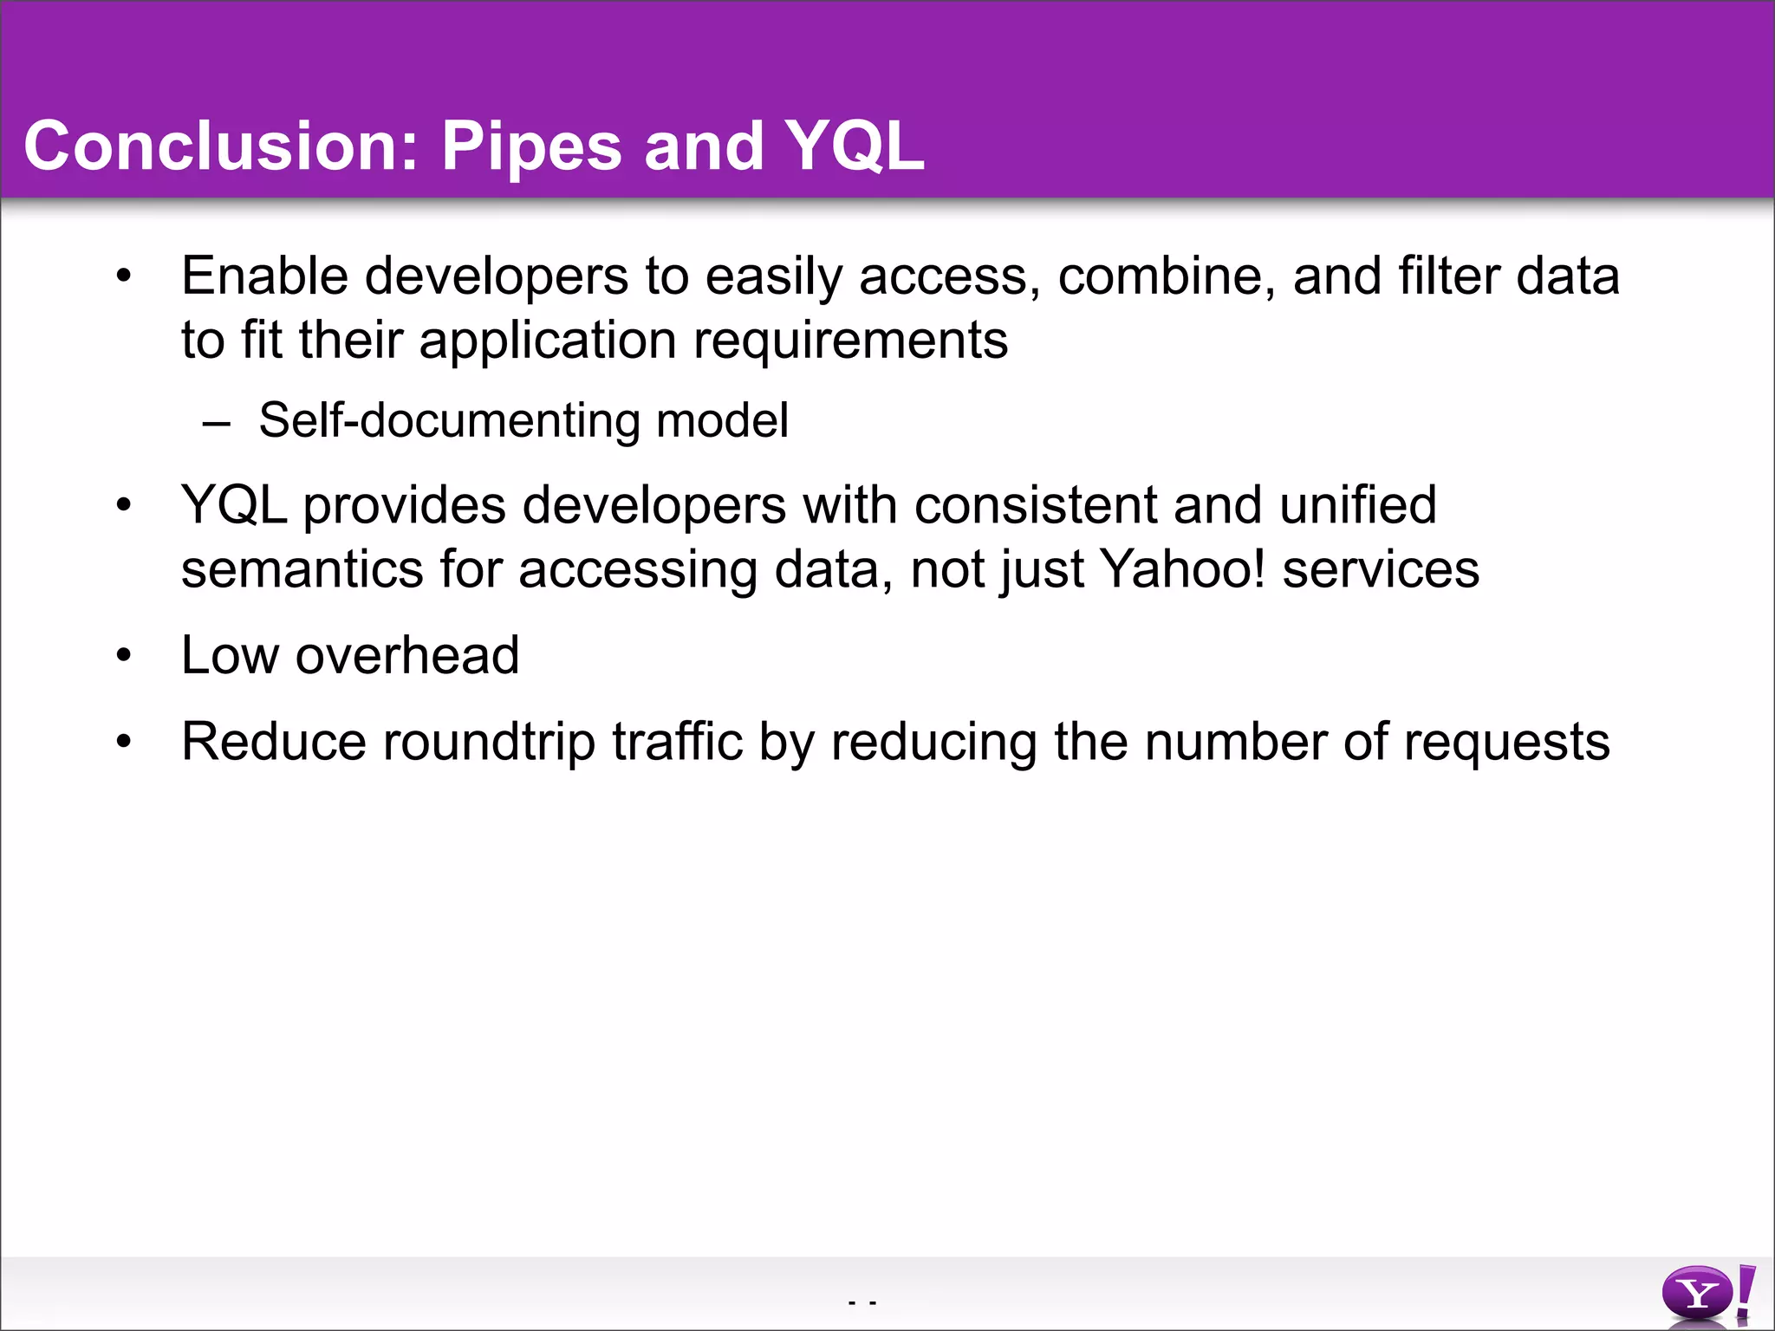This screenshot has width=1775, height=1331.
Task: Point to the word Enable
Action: click(x=265, y=276)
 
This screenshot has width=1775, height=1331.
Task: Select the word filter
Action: click(x=1447, y=276)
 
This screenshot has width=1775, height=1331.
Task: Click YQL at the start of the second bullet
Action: click(x=234, y=505)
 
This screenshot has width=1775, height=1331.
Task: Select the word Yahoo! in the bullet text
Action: click(x=1182, y=569)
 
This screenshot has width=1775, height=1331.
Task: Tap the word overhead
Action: click(x=407, y=655)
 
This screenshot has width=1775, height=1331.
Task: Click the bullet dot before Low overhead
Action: click(x=124, y=656)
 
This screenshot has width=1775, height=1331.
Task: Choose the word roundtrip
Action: click(x=489, y=742)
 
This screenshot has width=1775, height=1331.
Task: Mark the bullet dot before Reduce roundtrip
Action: click(x=124, y=743)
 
